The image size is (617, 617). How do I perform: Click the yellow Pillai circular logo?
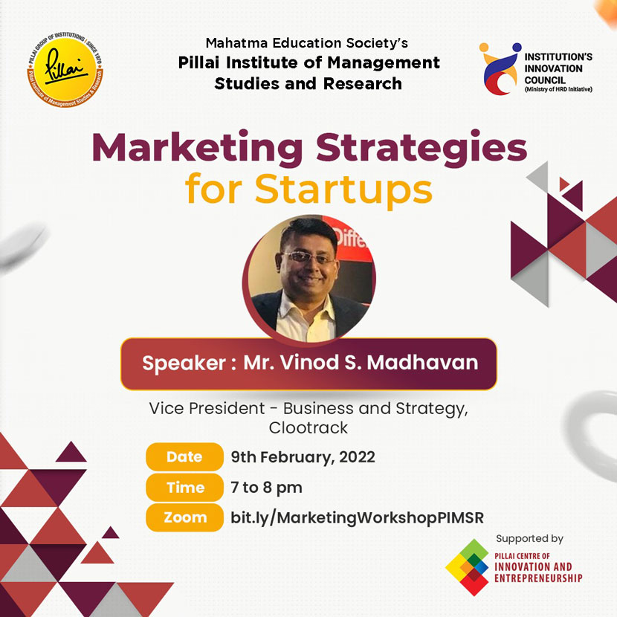(x=65, y=70)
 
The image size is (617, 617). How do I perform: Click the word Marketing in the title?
(x=197, y=148)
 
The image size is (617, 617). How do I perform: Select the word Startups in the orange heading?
(x=343, y=190)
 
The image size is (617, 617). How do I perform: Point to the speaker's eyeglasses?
(x=307, y=258)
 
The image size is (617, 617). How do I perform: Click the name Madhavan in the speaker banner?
(x=422, y=363)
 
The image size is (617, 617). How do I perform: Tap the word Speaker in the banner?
(x=184, y=364)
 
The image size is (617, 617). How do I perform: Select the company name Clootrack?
(x=308, y=427)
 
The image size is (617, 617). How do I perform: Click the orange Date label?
(x=184, y=457)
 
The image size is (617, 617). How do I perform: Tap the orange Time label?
(x=184, y=488)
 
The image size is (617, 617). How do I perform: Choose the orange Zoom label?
(x=184, y=517)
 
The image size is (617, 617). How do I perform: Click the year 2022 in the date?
(x=357, y=457)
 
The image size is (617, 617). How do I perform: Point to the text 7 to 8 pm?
(x=266, y=488)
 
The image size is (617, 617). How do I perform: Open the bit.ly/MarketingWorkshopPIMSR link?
(x=357, y=518)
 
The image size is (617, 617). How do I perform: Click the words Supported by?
(x=529, y=539)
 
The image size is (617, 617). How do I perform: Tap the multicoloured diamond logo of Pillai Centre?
(x=468, y=567)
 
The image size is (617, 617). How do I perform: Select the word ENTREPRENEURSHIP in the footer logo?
(x=538, y=578)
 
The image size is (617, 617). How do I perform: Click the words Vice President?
(x=207, y=408)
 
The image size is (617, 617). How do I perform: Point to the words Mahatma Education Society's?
(x=307, y=42)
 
